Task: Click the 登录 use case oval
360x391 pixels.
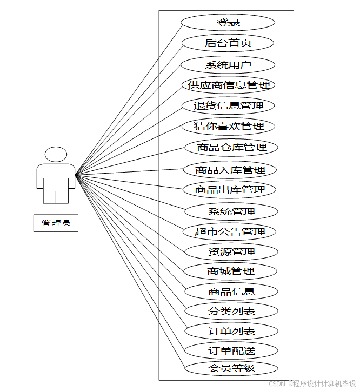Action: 228,23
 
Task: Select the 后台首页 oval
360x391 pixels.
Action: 228,43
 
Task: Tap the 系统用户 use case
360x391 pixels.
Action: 228,65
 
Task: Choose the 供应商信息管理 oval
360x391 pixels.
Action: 229,85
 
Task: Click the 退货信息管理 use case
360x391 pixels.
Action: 228,105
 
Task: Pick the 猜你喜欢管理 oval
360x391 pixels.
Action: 229,127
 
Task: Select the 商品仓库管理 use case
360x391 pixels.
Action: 231,147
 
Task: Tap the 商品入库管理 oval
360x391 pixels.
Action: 230,170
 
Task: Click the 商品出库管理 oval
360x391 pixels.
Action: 230,190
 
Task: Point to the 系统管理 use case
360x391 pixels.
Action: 231,211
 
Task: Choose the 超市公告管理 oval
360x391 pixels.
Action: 230,231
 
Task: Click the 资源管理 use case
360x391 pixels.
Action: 231,251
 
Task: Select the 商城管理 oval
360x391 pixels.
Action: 231,271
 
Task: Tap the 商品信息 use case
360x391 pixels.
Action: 231,291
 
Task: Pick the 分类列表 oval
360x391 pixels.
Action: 231,311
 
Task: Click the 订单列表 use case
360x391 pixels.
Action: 231,331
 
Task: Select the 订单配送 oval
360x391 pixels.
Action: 231,350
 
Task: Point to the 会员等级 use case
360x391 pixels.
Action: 231,369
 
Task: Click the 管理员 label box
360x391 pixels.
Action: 56,223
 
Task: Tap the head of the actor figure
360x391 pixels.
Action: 56,155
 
